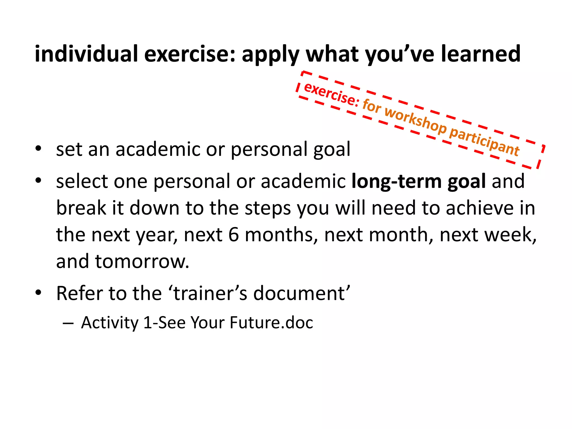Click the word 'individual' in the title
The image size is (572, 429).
pyautogui.click(x=86, y=54)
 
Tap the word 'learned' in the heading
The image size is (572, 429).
pyautogui.click(x=480, y=54)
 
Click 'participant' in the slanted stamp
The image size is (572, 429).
pyautogui.click(x=484, y=142)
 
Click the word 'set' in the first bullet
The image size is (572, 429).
pyautogui.click(x=69, y=149)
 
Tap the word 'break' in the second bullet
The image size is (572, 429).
pyautogui.click(x=81, y=208)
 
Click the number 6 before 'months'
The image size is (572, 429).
pyautogui.click(x=233, y=235)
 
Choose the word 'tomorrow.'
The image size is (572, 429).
pyautogui.click(x=142, y=261)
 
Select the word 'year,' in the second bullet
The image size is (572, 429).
pyautogui.click(x=157, y=235)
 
